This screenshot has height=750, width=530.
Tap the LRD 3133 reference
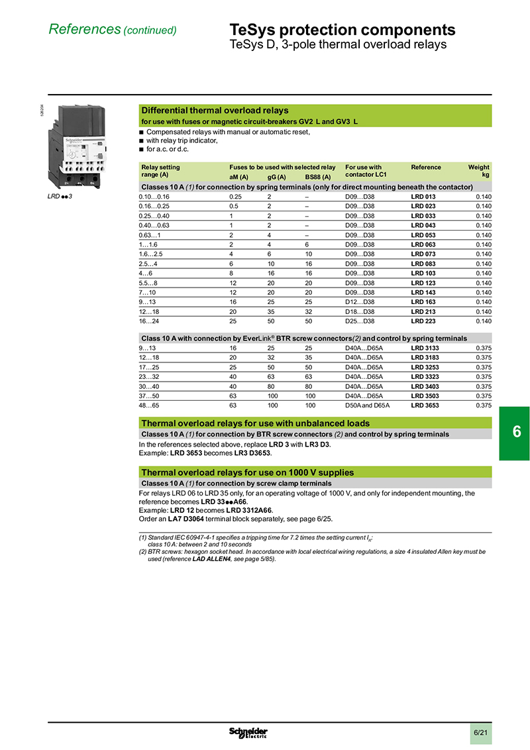(x=425, y=348)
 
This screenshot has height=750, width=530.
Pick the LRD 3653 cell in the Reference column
(x=425, y=405)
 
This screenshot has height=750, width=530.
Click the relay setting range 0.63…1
(x=150, y=235)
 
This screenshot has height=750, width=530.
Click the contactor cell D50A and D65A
(x=368, y=405)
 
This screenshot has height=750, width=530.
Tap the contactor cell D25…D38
(x=360, y=321)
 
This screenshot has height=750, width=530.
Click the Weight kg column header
(x=479, y=171)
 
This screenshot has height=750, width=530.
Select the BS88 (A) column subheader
(x=318, y=178)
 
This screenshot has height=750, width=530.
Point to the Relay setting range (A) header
(x=160, y=171)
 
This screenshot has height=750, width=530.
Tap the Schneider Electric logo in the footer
(x=248, y=732)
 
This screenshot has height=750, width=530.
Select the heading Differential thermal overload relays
(x=215, y=111)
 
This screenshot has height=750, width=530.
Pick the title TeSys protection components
(x=342, y=30)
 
